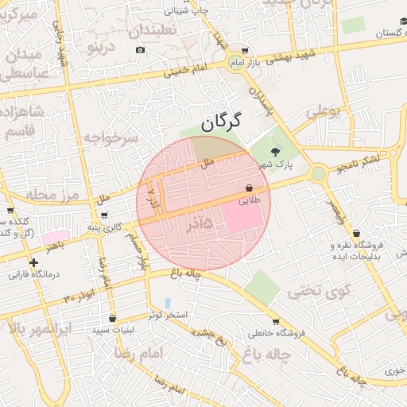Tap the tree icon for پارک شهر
(x=276, y=153)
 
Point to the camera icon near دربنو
(x=141, y=49)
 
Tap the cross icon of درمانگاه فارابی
(x=33, y=262)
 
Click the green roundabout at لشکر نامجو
(x=318, y=172)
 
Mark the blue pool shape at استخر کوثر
(x=168, y=303)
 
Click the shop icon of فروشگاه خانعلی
(x=276, y=322)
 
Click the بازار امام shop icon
(x=244, y=50)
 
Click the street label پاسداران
(x=262, y=99)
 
